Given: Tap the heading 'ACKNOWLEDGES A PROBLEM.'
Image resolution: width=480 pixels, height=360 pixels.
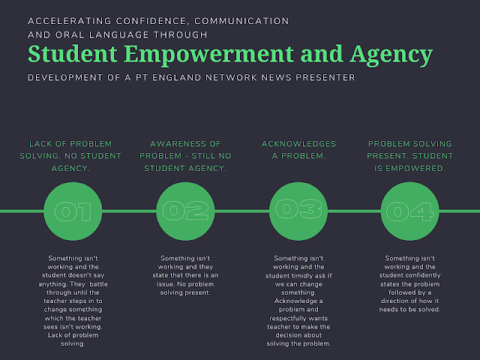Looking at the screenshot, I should [x=298, y=149].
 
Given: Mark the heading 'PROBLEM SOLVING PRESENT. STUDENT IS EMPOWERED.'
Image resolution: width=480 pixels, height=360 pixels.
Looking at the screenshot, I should [x=409, y=155].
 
